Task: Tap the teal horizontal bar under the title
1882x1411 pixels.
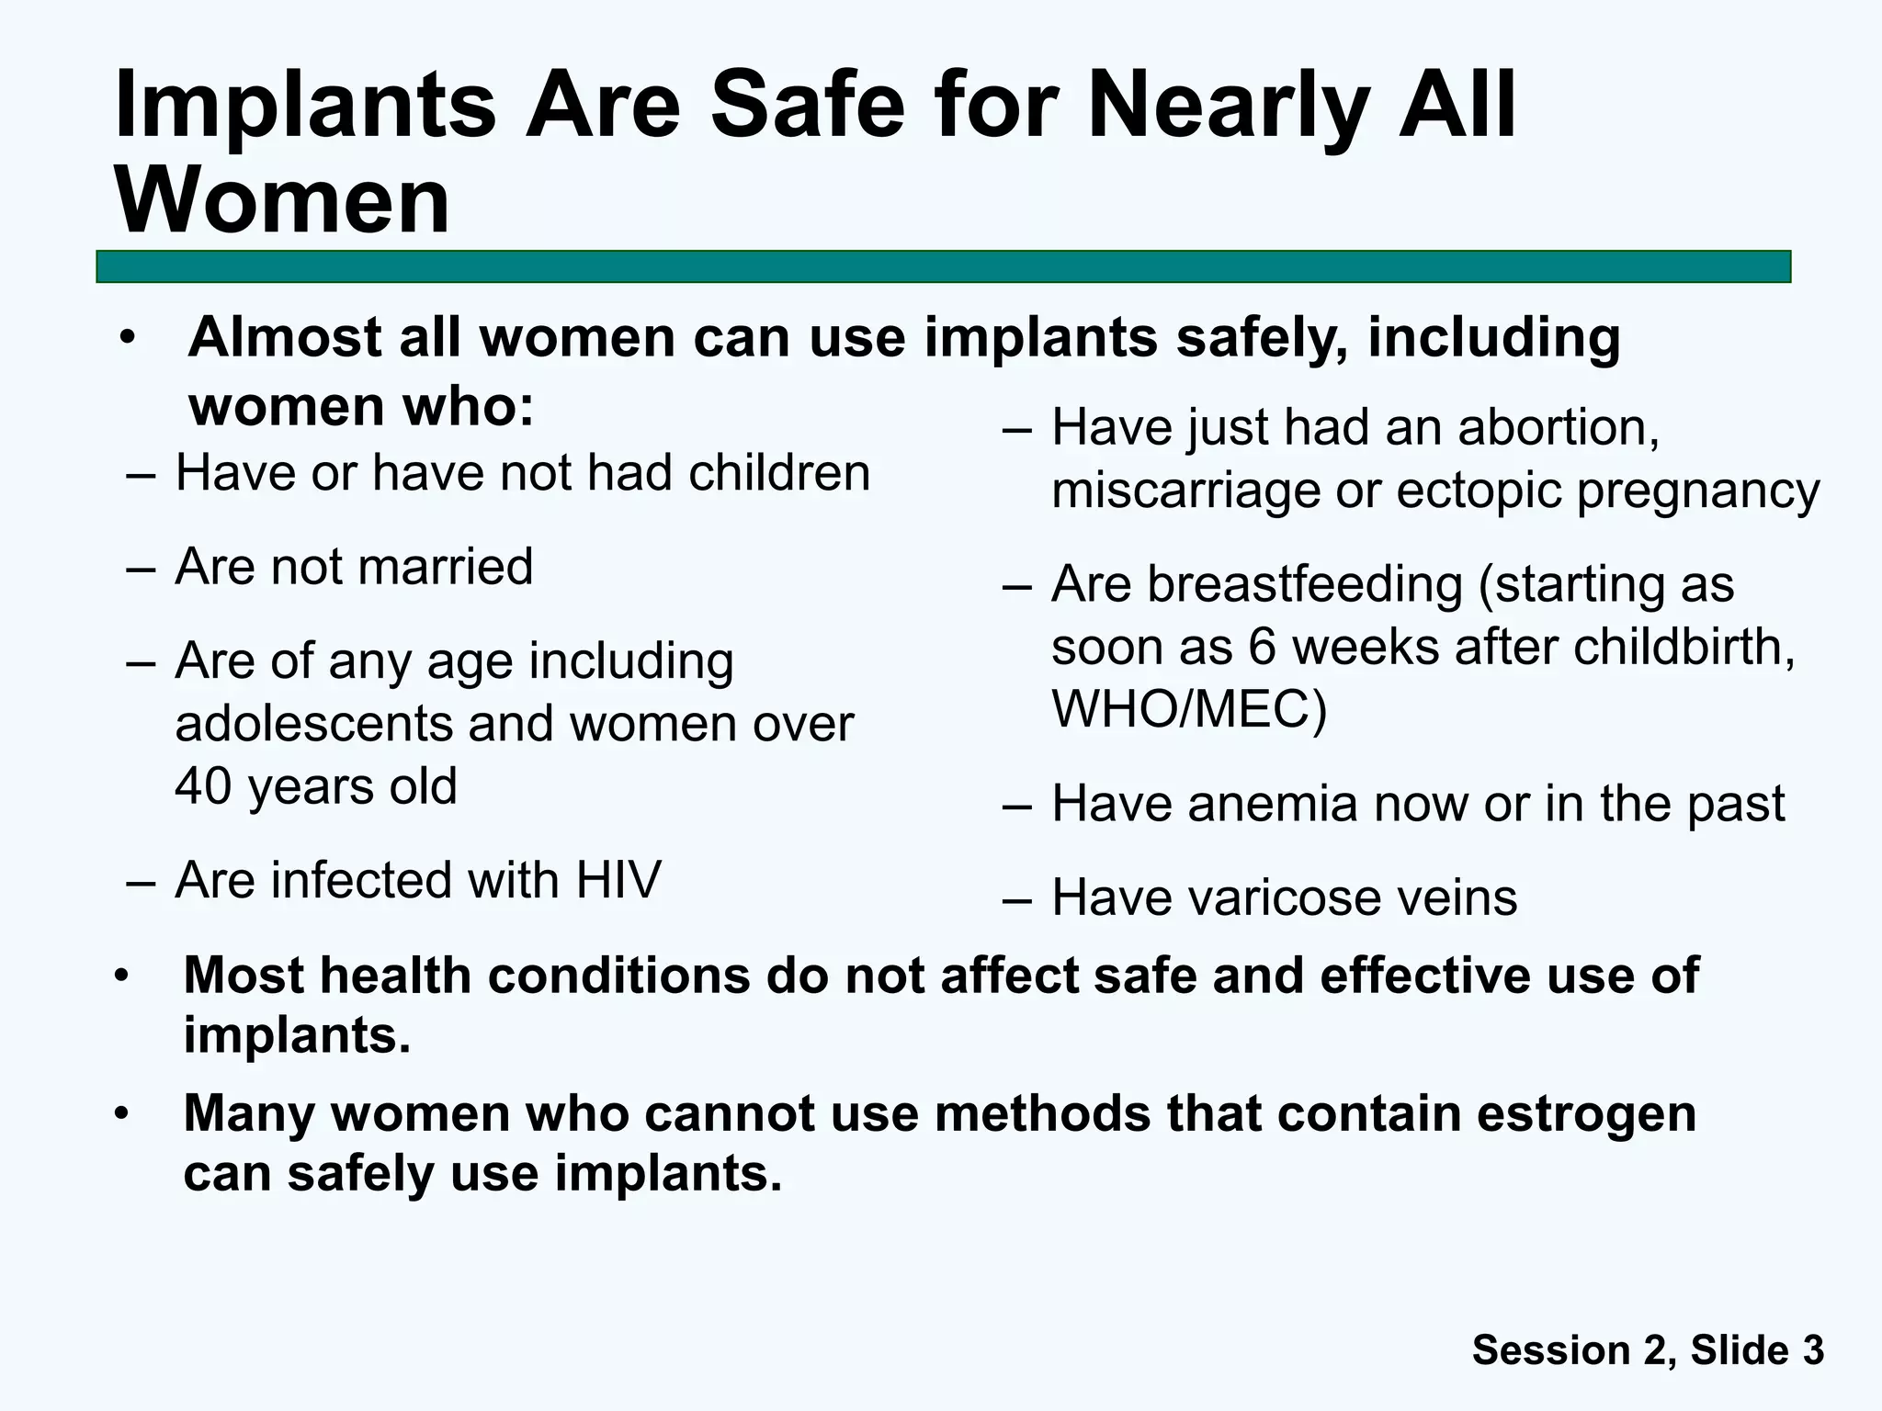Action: (x=943, y=266)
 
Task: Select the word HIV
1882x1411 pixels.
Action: (x=618, y=880)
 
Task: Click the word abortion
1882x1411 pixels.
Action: (x=1559, y=428)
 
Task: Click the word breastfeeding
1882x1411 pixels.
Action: (x=1304, y=584)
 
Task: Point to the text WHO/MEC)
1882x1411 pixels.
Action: (x=1189, y=709)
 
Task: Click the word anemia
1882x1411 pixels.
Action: (x=1272, y=804)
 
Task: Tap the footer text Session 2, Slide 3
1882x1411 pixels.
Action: (x=1648, y=1349)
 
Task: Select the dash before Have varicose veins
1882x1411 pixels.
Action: (x=1018, y=898)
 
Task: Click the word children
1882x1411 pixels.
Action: (x=778, y=474)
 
